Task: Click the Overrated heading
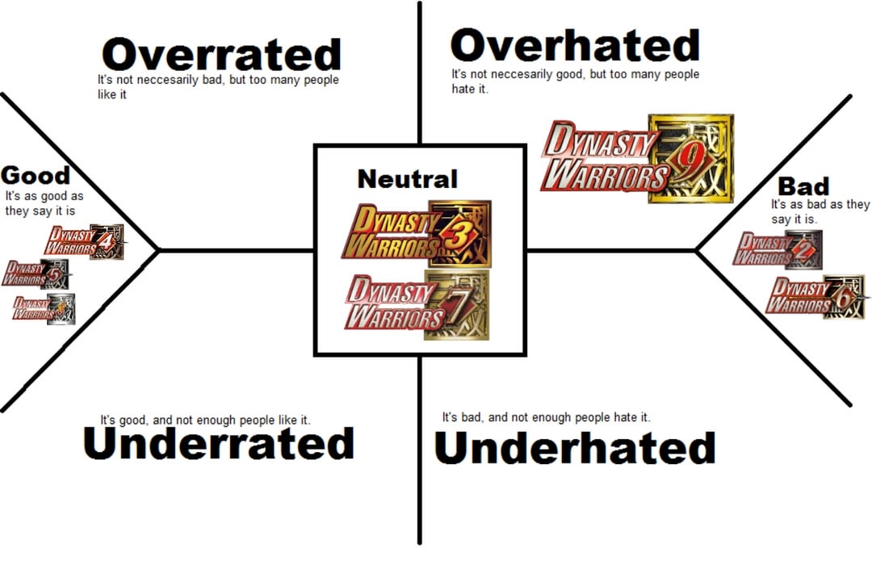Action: [221, 55]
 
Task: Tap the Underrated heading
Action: [219, 443]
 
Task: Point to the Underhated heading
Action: [575, 448]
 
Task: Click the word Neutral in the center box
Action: [407, 178]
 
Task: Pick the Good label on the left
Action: [36, 175]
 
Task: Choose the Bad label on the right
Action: [803, 186]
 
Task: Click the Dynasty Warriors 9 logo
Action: [637, 158]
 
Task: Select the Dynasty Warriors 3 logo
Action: [416, 233]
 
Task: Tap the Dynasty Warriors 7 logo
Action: [416, 303]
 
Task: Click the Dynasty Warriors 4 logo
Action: [84, 241]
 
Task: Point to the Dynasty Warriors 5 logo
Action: [36, 274]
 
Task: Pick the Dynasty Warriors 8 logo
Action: [44, 308]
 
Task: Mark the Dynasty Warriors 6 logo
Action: [814, 296]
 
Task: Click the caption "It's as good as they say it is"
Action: [44, 203]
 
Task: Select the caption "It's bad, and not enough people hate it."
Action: [546, 417]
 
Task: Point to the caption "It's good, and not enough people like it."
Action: [205, 420]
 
